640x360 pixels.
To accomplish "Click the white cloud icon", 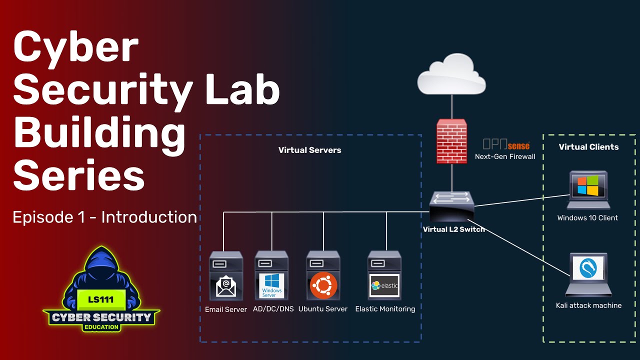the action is click(x=451, y=74).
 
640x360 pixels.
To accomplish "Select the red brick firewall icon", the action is click(x=451, y=141).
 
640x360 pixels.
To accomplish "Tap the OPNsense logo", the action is click(x=506, y=144).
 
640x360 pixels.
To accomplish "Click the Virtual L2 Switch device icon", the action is click(x=451, y=206).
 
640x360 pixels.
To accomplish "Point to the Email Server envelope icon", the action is click(x=226, y=285).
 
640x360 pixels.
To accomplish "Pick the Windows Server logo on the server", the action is click(x=271, y=285).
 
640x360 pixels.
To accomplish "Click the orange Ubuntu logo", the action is click(x=323, y=285).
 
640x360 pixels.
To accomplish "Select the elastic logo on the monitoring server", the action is click(x=384, y=285).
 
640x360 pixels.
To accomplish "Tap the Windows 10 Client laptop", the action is click(x=588, y=190).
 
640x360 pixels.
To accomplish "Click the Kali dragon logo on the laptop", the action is click(x=588, y=268).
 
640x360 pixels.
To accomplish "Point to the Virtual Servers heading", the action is click(x=309, y=150).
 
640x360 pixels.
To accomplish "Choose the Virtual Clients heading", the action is click(x=588, y=147).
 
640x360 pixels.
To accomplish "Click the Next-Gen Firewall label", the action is click(x=505, y=156).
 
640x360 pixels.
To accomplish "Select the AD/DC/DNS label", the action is click(x=273, y=309).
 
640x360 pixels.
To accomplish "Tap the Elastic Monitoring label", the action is click(x=385, y=309).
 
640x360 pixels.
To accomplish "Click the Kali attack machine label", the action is click(x=588, y=305).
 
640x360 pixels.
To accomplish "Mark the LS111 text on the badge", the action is click(x=101, y=299).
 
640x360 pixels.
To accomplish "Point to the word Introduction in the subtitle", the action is click(x=149, y=217).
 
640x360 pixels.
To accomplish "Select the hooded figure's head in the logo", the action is click(x=101, y=262).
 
